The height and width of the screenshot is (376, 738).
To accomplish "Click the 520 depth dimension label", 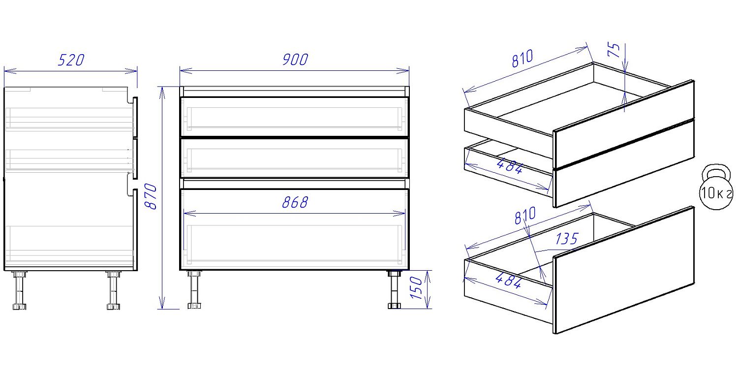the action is tap(71, 60).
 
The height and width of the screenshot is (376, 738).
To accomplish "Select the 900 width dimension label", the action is tap(295, 60).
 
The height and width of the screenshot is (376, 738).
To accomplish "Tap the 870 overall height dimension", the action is tap(152, 196).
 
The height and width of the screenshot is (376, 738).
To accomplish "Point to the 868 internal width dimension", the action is tap(295, 202).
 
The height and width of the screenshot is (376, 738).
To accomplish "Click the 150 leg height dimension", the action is tap(416, 288).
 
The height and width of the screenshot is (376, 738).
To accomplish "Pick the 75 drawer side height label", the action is tap(614, 50).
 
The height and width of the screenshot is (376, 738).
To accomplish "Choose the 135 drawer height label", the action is tap(566, 239).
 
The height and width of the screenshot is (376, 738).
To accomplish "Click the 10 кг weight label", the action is tap(716, 193).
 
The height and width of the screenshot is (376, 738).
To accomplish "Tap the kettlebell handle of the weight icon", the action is tap(716, 172).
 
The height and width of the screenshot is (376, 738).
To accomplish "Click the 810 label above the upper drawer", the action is tap(522, 59).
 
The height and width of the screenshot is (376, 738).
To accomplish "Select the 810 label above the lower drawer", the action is tap(525, 216).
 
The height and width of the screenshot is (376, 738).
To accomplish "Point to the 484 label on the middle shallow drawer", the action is tap(509, 166).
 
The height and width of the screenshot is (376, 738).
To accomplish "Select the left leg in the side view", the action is tap(20, 290).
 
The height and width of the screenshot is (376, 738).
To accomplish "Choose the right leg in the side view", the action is tap(113, 290).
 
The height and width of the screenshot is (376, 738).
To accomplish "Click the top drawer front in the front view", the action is tap(295, 116).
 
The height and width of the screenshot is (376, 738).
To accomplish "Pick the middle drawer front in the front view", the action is tap(295, 158).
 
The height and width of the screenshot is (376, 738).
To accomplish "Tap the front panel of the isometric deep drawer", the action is tap(624, 270).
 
